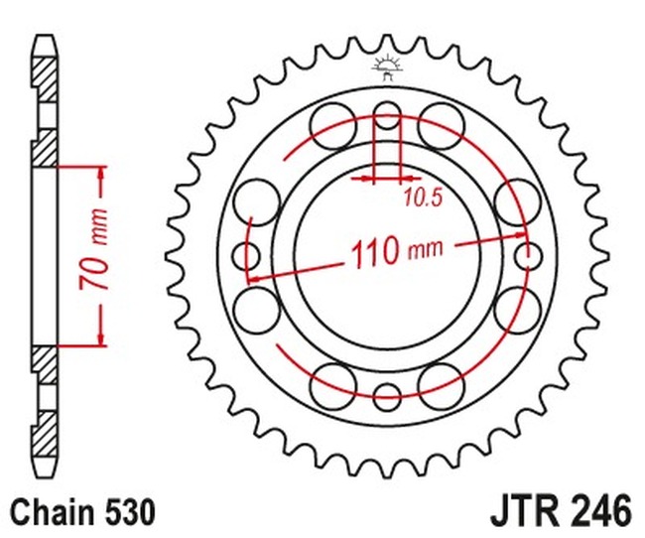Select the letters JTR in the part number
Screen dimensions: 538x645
pos(526,512)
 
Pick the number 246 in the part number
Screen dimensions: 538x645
pos(600,512)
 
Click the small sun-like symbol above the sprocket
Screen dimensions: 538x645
pos(386,68)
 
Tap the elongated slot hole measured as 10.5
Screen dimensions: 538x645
pos(386,129)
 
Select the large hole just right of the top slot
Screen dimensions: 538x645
pos(442,125)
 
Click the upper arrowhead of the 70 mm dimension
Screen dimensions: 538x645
pos(101,177)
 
